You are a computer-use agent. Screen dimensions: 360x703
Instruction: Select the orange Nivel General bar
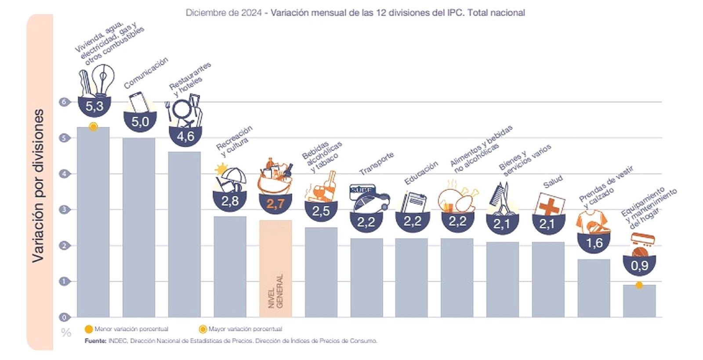click(x=275, y=269)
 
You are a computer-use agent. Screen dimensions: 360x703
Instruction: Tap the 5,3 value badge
click(x=94, y=106)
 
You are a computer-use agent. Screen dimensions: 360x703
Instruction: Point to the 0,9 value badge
click(x=639, y=265)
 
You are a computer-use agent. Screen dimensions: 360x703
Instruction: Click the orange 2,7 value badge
click(x=275, y=204)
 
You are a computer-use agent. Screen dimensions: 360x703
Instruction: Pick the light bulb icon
click(x=103, y=79)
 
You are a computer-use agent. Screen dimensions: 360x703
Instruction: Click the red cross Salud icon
click(x=548, y=206)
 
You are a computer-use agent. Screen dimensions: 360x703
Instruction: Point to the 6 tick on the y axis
click(x=64, y=102)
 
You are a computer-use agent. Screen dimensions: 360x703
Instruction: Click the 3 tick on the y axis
click(x=64, y=210)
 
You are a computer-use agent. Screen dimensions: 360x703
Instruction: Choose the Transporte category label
click(x=377, y=163)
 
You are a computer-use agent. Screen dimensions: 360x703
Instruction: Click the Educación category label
click(x=421, y=172)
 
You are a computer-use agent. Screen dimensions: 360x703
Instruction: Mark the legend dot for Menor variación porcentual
click(x=88, y=329)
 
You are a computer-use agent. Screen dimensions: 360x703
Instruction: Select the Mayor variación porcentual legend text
click(x=245, y=329)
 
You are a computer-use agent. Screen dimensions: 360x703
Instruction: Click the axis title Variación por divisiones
click(x=39, y=185)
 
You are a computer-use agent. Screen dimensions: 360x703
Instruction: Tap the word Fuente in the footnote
click(x=95, y=341)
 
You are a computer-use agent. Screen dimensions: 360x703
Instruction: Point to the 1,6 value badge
click(x=594, y=243)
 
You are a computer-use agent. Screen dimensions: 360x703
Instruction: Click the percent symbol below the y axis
click(x=66, y=332)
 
